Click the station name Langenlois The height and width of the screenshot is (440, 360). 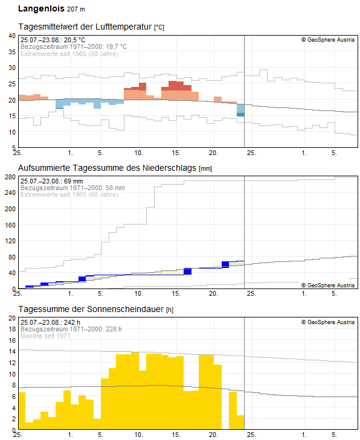40,9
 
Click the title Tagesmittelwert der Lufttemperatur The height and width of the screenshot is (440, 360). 85,27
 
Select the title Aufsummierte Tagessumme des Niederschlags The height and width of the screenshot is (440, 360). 108,168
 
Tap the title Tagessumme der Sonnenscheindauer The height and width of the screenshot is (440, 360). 91,309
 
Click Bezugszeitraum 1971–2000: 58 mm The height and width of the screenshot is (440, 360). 72,188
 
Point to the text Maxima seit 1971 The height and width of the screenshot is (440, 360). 45,336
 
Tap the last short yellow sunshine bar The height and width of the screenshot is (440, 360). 240,422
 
